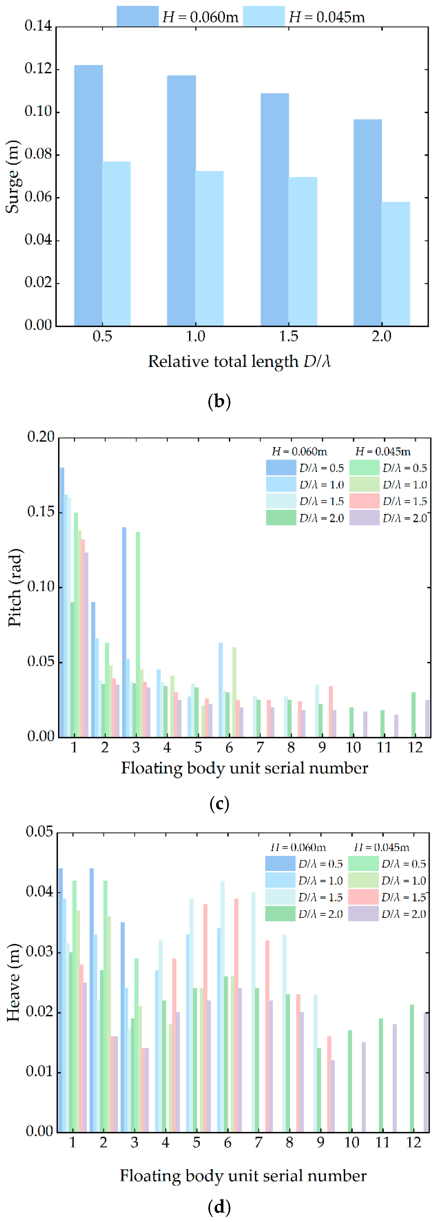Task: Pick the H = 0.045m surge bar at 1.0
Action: click(x=209, y=248)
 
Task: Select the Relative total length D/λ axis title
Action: click(x=239, y=362)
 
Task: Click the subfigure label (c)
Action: click(x=219, y=803)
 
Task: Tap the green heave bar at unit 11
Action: click(x=381, y=1075)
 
